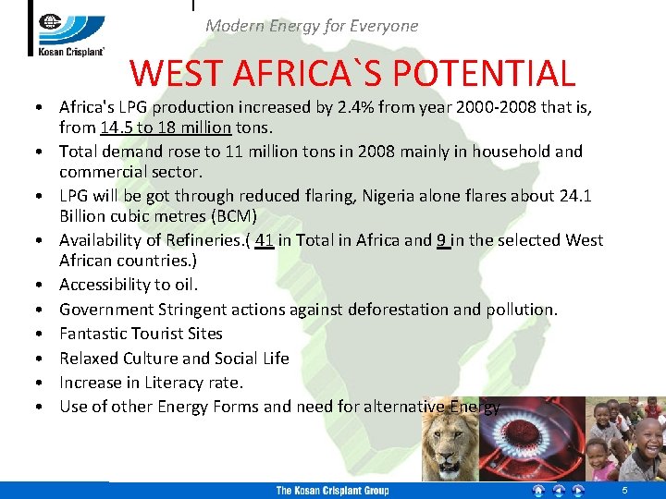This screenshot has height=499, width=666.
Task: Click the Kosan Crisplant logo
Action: (x=71, y=29)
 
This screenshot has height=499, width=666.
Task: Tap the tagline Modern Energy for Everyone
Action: (x=312, y=26)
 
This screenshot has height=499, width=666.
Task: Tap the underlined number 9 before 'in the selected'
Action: (x=443, y=240)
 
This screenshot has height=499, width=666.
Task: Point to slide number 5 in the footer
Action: (x=624, y=491)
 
